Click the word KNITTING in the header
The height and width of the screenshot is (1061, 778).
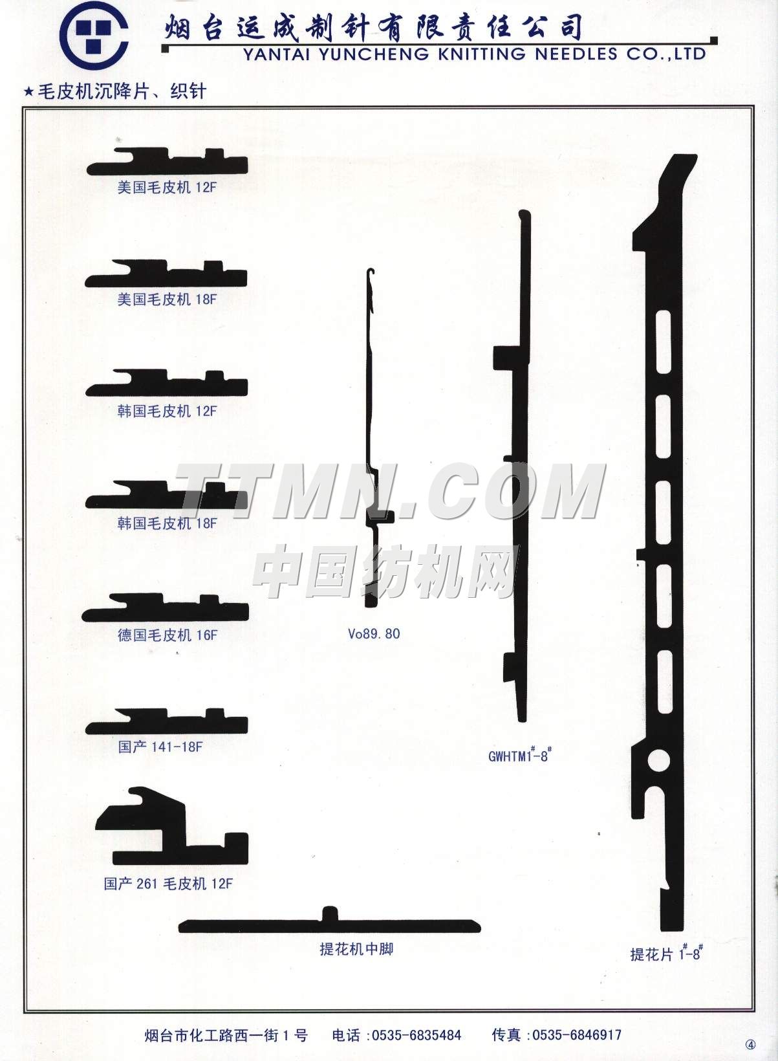[482, 54]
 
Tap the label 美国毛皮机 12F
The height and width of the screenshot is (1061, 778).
[167, 188]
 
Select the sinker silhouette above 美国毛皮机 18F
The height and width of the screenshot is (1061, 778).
[166, 274]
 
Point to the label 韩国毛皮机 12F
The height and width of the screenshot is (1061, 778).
[167, 411]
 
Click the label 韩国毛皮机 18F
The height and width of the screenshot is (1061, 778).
[167, 523]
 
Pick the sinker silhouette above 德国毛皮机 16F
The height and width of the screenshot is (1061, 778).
[166, 607]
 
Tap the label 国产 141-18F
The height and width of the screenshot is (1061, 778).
[160, 747]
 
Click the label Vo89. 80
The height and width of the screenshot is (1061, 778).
[374, 634]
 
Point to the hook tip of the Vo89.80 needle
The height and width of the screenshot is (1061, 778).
[371, 270]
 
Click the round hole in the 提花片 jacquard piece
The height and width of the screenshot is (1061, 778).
[660, 761]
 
